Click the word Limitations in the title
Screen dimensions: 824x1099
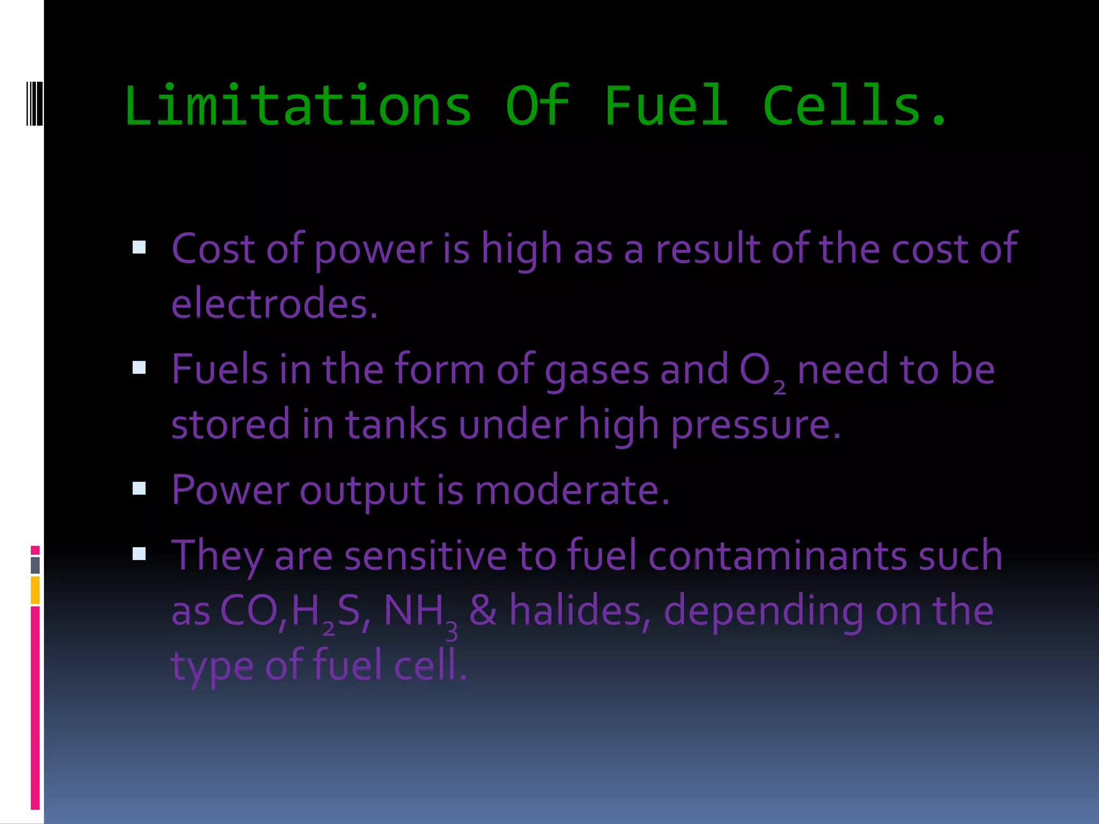pos(298,106)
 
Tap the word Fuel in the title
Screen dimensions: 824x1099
pos(666,106)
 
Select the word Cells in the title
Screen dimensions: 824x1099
pos(842,106)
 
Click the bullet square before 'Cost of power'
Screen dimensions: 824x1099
pos(139,247)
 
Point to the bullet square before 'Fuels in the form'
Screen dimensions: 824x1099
pos(139,367)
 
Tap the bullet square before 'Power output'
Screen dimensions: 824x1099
pos(139,488)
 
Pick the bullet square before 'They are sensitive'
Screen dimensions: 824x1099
pos(139,553)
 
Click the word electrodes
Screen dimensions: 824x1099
pos(274,303)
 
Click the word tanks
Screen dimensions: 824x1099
pos(395,424)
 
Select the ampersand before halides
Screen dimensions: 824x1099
pos(482,611)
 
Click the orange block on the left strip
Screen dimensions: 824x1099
pos(35,590)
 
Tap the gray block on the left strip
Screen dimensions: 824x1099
pos(35,565)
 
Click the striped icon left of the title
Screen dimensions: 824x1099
pos(35,103)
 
